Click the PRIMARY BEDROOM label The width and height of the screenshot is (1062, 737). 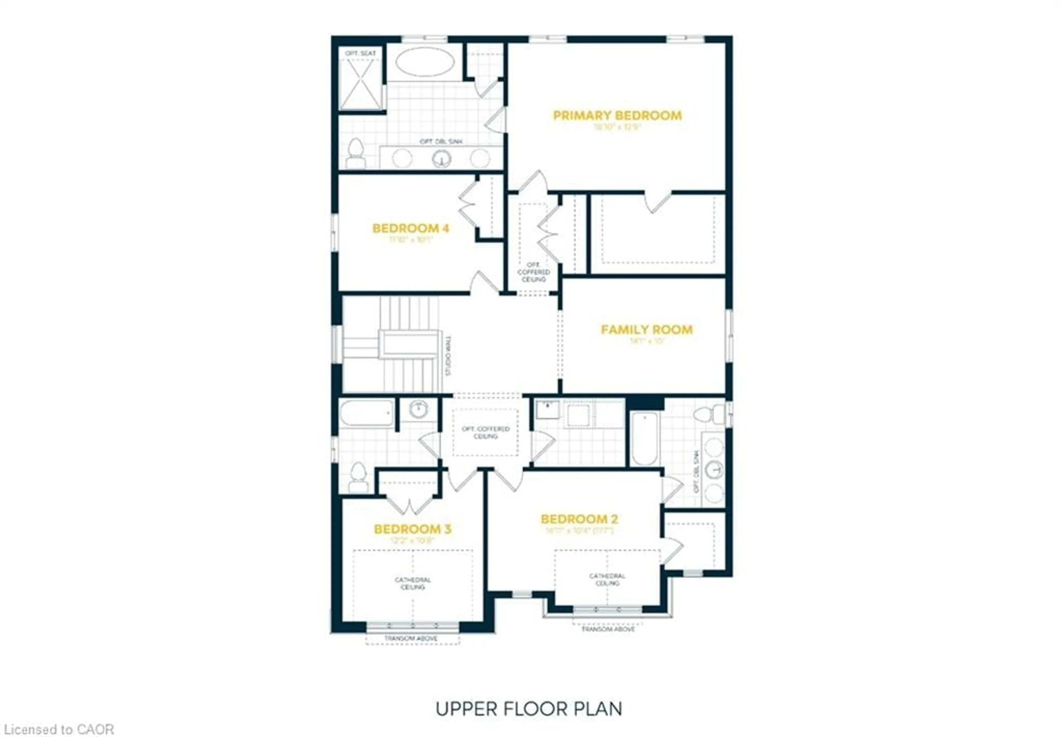[x=617, y=116]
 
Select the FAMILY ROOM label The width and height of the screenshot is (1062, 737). [x=646, y=330]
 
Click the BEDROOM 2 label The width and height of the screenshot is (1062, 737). [x=579, y=519]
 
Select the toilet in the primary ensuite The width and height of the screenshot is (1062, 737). [x=356, y=154]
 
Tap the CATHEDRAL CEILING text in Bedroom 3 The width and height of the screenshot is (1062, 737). [x=413, y=583]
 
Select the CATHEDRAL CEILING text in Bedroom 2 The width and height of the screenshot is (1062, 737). [x=607, y=579]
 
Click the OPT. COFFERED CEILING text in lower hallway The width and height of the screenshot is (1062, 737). [x=485, y=432]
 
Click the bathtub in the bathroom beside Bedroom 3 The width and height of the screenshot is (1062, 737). [x=366, y=413]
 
